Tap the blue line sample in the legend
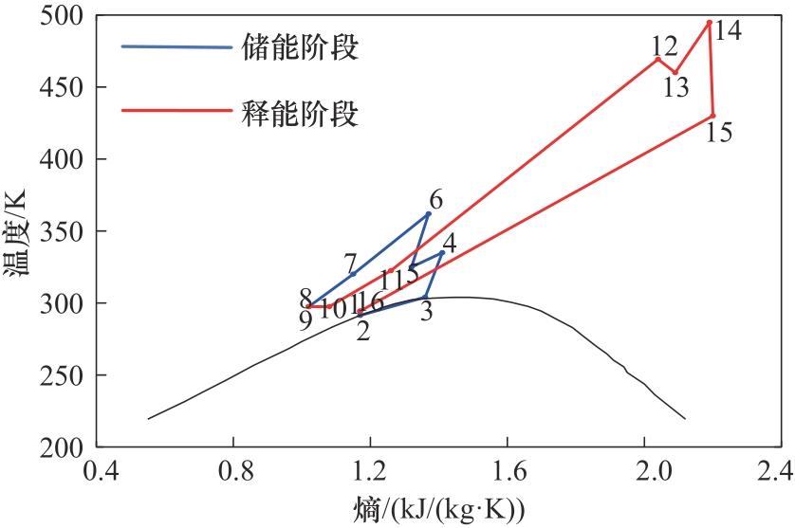176,47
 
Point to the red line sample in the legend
176,111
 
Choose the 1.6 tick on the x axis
507,471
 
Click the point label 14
728,30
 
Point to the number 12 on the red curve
664,46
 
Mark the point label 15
719,132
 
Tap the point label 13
675,87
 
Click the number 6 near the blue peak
435,200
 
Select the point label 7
350,263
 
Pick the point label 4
449,243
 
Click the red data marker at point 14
710,23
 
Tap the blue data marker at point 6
428,214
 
